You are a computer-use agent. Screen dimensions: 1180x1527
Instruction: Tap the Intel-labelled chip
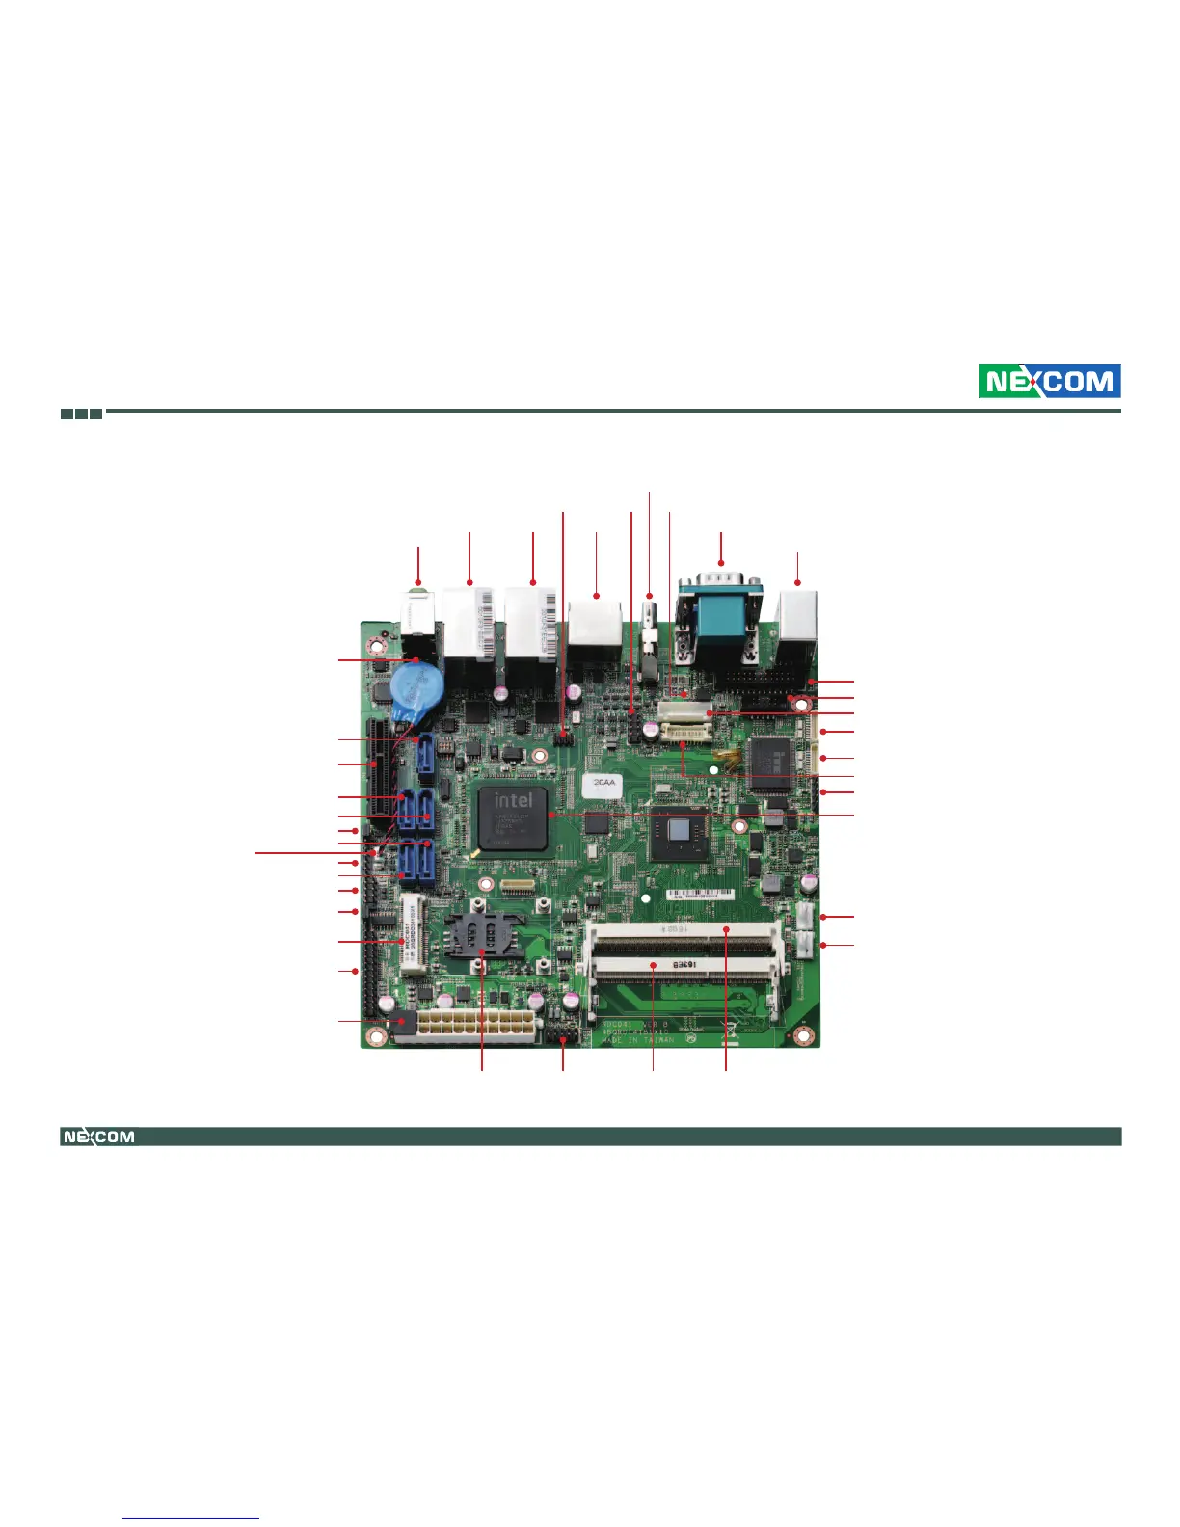pyautogui.click(x=513, y=817)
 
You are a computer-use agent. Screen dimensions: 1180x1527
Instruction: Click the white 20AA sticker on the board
pyautogui.click(x=606, y=784)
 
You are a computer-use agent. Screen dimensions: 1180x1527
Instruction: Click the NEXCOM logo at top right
pyautogui.click(x=1050, y=382)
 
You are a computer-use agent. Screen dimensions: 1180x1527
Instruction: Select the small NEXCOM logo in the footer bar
pyautogui.click(x=98, y=1137)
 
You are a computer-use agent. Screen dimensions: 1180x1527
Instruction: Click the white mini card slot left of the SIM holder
pyautogui.click(x=412, y=934)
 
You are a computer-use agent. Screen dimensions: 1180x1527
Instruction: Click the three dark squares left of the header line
pyautogui.click(x=82, y=414)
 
